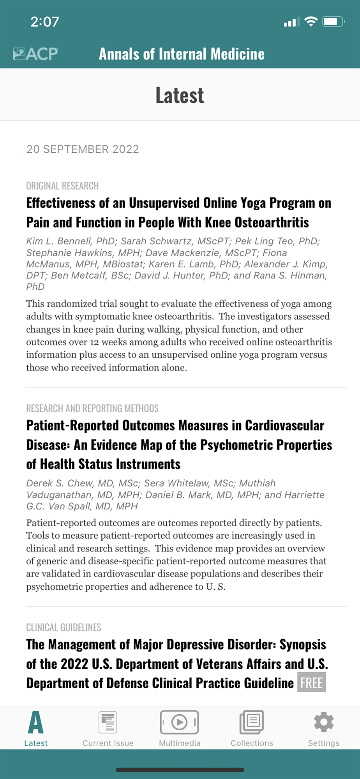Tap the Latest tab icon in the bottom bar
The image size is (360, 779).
[x=35, y=723]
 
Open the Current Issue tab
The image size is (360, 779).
[x=108, y=723]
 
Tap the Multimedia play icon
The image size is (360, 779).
[x=180, y=723]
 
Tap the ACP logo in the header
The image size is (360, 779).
[x=35, y=54]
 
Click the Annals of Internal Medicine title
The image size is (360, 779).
[x=182, y=54]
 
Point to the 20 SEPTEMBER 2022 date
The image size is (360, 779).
[x=83, y=149]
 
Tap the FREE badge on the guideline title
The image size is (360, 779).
[x=311, y=683]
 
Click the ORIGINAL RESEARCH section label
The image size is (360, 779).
[x=62, y=186]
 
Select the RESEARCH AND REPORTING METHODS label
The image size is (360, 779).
[x=92, y=408]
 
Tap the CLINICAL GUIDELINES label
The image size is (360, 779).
[x=64, y=627]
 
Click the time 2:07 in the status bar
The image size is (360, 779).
[x=45, y=22]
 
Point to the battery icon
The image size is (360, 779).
[x=334, y=21]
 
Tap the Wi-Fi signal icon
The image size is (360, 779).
[x=311, y=21]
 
